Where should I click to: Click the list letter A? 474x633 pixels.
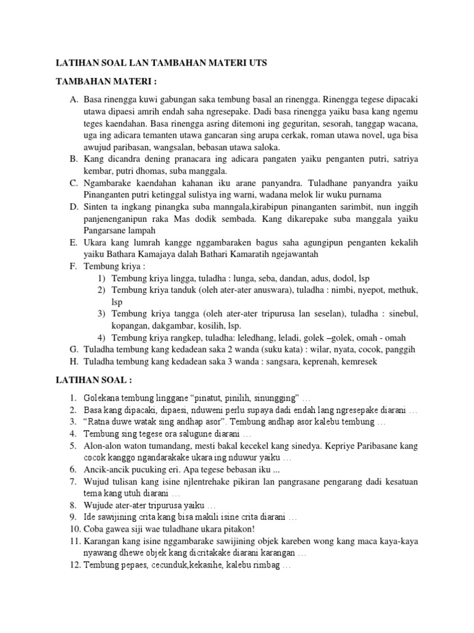click(73, 100)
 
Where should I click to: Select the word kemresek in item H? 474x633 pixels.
click(356, 361)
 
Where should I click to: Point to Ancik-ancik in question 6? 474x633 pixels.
click(106, 470)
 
